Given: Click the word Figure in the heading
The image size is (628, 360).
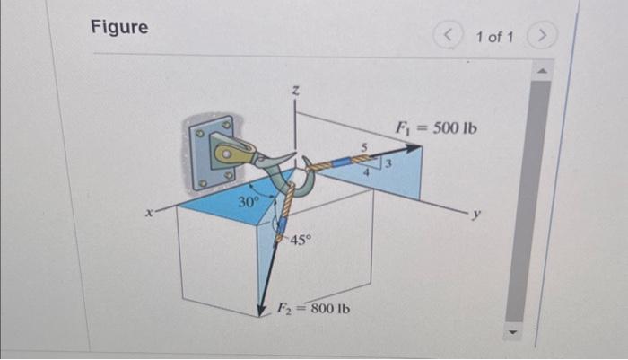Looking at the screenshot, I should [x=119, y=27].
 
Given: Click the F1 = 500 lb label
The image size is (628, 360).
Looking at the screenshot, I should [x=437, y=127].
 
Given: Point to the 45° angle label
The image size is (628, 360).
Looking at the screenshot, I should [x=301, y=241].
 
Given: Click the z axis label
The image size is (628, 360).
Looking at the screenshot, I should [x=294, y=90].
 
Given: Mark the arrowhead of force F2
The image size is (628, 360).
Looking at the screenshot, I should [x=263, y=311].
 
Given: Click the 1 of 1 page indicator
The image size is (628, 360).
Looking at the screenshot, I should [x=494, y=37].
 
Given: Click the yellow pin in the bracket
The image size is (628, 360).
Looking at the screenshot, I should [x=231, y=153].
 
